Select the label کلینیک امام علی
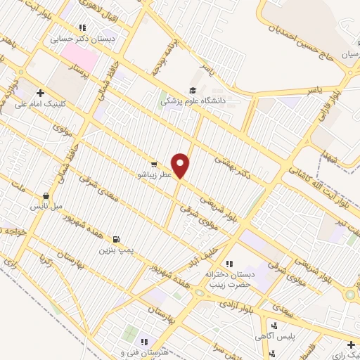[40, 103]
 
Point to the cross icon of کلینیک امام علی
[40, 92]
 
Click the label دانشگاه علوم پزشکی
[193, 101]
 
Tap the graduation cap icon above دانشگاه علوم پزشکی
[192, 89]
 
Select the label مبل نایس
[46, 207]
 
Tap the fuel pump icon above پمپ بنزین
[115, 239]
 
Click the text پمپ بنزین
[115, 250]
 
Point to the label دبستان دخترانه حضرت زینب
[228, 279]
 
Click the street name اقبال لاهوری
[103, 11]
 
